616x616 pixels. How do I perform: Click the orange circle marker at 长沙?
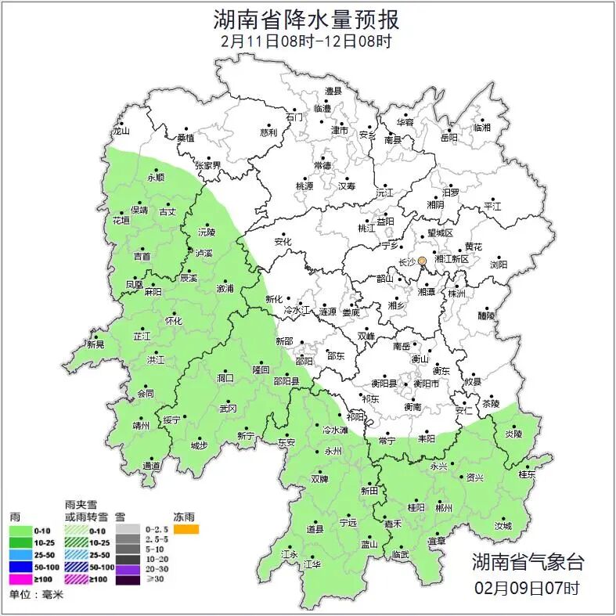tap(422, 261)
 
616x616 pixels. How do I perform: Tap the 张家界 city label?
tap(208, 165)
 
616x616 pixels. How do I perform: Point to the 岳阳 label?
tap(449, 138)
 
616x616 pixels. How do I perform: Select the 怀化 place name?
tap(173, 321)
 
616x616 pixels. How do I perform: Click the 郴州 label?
tap(444, 508)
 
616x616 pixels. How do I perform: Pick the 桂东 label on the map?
tap(527, 474)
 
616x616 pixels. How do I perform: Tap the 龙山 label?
tap(121, 131)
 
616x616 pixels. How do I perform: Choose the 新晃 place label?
tap(95, 344)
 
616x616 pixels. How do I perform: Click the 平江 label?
tap(492, 206)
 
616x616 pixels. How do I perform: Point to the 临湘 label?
tap(482, 127)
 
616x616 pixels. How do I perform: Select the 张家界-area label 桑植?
tap(186, 138)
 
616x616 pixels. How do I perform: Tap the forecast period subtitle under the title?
tap(307, 41)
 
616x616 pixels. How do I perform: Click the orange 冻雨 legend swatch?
tap(186, 530)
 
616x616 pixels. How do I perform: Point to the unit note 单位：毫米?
tap(36, 595)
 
